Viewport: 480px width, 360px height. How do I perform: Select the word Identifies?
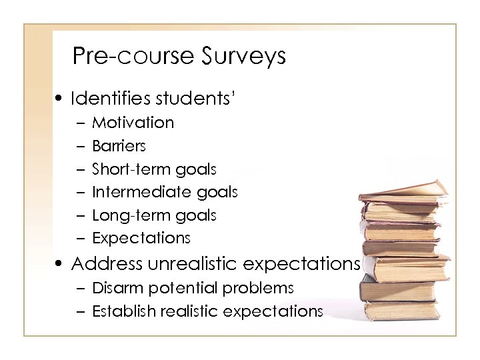[110, 99]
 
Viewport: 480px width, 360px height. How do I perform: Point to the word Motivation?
[133, 123]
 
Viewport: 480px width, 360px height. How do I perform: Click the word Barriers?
[119, 145]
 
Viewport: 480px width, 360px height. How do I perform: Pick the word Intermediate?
[136, 192]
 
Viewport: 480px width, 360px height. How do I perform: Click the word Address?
[107, 264]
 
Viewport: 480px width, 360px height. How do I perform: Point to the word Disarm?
[113, 288]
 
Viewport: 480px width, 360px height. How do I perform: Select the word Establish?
[119, 311]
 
